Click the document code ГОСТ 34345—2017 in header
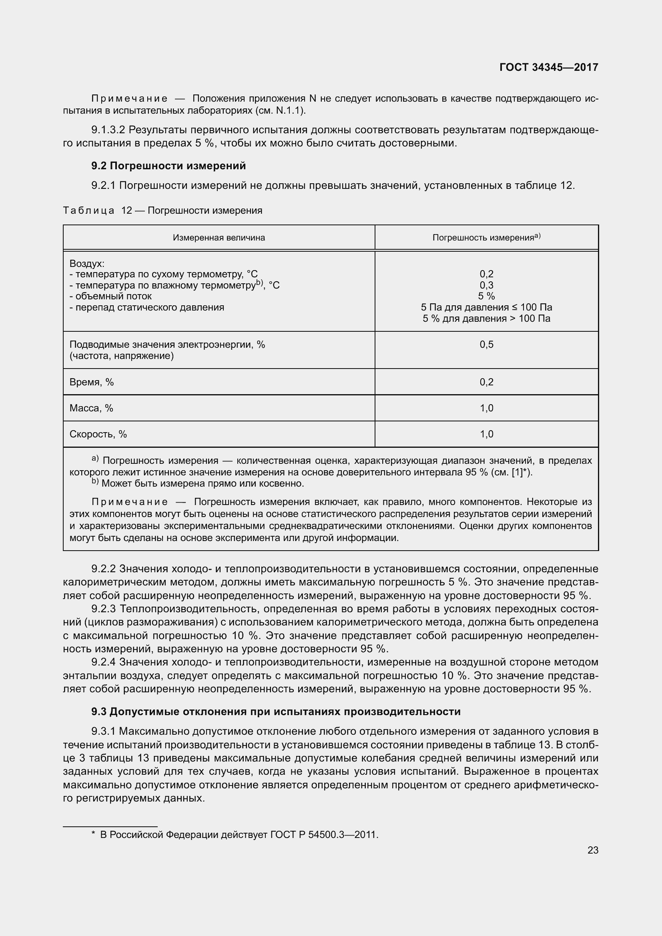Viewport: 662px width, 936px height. pyautogui.click(x=549, y=67)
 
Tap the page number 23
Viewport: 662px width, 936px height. pyautogui.click(x=593, y=850)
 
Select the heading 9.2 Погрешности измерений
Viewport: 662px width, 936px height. pyautogui.click(x=169, y=166)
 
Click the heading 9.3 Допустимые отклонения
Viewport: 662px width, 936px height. pyautogui.click(x=276, y=712)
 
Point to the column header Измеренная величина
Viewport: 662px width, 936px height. pyautogui.click(x=219, y=238)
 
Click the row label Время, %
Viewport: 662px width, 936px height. pyautogui.click(x=92, y=382)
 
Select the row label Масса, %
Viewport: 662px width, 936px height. pyautogui.click(x=91, y=408)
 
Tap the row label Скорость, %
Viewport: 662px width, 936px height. pyautogui.click(x=98, y=434)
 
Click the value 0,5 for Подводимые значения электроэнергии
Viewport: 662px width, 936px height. pyautogui.click(x=486, y=345)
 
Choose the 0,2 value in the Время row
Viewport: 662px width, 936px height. pyautogui.click(x=486, y=382)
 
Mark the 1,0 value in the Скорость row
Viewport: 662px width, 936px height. pyautogui.click(x=486, y=434)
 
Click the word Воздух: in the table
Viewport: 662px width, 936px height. pyautogui.click(x=87, y=263)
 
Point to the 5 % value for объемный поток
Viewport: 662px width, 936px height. pyautogui.click(x=486, y=296)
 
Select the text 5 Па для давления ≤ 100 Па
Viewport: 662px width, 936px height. pyautogui.click(x=486, y=307)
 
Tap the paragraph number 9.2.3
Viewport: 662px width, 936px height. pyautogui.click(x=104, y=609)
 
